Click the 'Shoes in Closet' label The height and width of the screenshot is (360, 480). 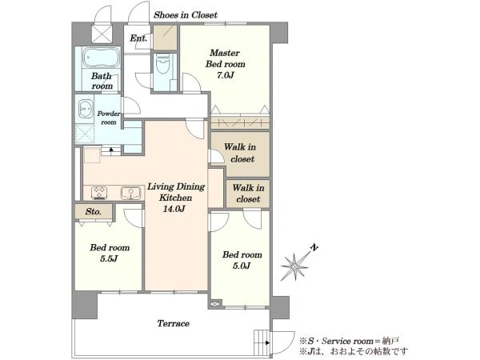pos(186,14)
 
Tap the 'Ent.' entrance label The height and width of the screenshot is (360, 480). pos(138,38)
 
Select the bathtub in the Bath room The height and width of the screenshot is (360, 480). pos(102,58)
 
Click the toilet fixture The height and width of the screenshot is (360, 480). pos(162,64)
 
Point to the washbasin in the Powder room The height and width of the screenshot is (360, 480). pos(86,109)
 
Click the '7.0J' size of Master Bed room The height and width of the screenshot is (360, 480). pos(226,75)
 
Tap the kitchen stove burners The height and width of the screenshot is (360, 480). pos(99,193)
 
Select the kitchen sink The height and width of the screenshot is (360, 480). pos(130,193)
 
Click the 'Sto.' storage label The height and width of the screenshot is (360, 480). pos(94,211)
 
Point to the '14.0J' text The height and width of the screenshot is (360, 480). pos(174,209)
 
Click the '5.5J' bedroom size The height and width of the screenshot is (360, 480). pos(109,259)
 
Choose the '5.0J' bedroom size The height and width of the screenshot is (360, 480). pos(242,266)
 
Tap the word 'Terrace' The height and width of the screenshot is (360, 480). pos(174,323)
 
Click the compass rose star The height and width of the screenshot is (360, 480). pos(294,266)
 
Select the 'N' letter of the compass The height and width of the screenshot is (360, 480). pos(314,246)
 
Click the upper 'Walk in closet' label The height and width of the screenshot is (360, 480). pos(241,153)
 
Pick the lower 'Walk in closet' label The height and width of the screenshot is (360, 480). pos(248,193)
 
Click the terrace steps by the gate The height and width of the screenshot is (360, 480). pos(262,342)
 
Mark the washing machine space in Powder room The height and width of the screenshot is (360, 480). pos(85,134)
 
